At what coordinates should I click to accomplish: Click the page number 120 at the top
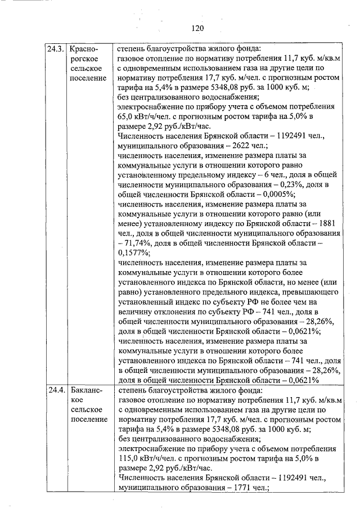[197, 28]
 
